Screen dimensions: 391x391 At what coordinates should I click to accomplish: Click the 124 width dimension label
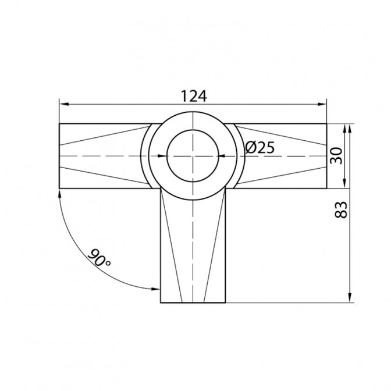tap(194, 96)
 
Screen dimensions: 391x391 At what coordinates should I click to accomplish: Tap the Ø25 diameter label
tap(260, 147)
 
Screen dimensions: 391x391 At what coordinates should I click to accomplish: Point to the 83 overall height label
tap(340, 209)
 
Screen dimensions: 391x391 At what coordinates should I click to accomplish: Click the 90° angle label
tap(99, 257)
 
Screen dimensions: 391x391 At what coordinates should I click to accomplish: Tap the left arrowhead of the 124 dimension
tap(64, 105)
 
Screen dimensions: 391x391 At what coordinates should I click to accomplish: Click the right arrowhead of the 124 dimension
tap(322, 105)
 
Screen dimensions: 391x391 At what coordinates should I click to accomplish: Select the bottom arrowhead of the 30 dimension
tap(344, 184)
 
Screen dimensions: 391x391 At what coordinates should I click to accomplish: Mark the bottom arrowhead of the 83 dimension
tap(350, 298)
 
